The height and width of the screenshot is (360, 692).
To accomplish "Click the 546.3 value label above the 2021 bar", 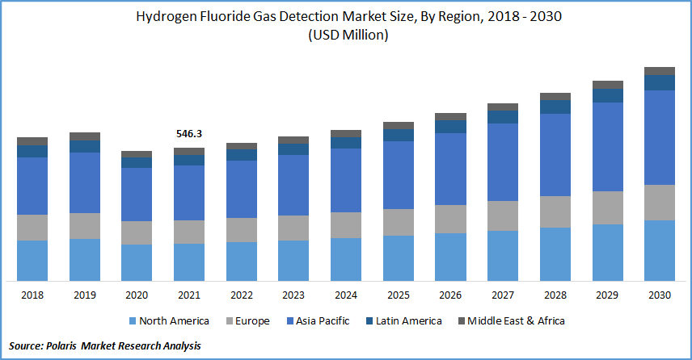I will click(x=189, y=132).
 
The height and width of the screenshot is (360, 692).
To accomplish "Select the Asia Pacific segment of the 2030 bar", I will click(x=659, y=137).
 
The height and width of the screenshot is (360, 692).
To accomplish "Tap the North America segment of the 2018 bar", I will click(x=32, y=260).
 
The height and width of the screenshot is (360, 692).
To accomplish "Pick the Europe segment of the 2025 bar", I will click(x=398, y=222).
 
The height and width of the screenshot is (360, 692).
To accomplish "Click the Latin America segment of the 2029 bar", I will click(x=607, y=95).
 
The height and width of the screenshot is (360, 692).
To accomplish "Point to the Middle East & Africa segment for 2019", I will click(x=85, y=136).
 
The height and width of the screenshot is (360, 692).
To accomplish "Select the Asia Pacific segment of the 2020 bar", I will click(x=137, y=195).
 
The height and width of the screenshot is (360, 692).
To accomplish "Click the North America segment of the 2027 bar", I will click(x=503, y=255).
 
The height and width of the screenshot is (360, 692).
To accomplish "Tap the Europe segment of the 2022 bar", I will click(x=242, y=230).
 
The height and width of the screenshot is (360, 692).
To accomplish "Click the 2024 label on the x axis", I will click(x=346, y=295).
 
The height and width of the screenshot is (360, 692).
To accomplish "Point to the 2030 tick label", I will click(x=659, y=295).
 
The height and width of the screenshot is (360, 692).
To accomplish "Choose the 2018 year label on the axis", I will click(x=32, y=295).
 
